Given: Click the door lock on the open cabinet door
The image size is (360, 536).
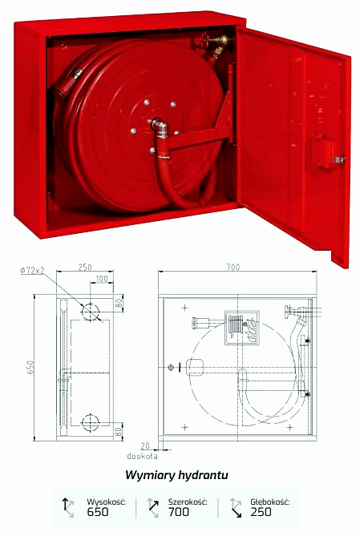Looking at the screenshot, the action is click(x=327, y=152).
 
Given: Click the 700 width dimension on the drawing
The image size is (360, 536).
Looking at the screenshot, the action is click(x=233, y=267).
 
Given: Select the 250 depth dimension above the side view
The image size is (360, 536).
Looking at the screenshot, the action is click(x=84, y=267).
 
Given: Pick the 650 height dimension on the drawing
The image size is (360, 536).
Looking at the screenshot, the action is click(x=30, y=368).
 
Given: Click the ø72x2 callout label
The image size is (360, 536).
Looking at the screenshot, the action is click(x=33, y=270).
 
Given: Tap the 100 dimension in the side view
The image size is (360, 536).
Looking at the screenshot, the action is click(x=101, y=279).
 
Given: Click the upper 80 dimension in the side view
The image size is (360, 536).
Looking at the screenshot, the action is click(x=119, y=303).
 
